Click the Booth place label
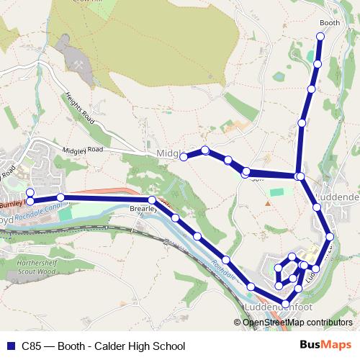click(x=329, y=23)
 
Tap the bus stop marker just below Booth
click(x=320, y=36)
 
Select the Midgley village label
click(x=166, y=154)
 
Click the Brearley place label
click(x=143, y=209)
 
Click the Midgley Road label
click(x=84, y=150)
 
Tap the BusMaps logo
click(x=325, y=346)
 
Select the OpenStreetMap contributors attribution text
click(x=298, y=322)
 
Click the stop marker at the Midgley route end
click(x=184, y=157)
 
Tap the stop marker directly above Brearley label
click(x=152, y=200)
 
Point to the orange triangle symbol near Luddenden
click(x=268, y=204)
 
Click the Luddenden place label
click(x=336, y=197)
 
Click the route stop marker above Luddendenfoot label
click(x=285, y=303)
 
